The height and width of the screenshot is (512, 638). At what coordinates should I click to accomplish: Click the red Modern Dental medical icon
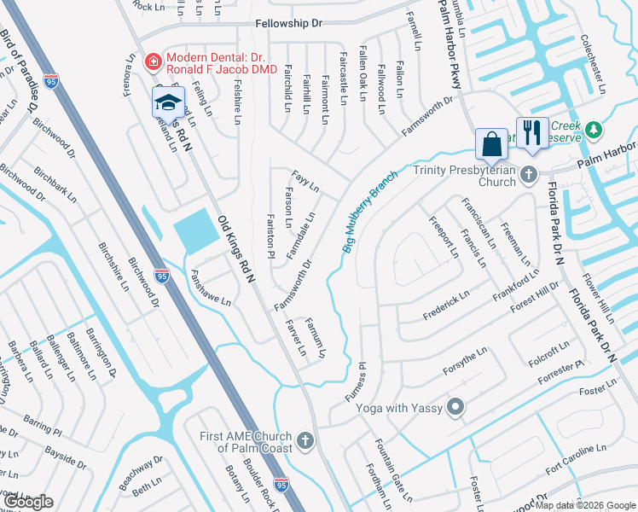click(153, 61)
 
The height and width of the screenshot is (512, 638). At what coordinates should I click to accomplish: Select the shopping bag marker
click(493, 143)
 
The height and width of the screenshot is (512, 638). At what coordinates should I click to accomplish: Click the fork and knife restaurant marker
click(533, 131)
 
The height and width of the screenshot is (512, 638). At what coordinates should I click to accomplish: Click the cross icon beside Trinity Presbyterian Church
click(529, 176)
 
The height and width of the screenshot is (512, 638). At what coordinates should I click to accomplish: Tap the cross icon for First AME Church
click(305, 441)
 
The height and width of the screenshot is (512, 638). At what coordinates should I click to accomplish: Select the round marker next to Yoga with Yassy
click(456, 408)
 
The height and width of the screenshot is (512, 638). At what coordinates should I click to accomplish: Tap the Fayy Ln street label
click(305, 180)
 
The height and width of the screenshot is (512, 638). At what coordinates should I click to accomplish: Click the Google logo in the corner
click(28, 502)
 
